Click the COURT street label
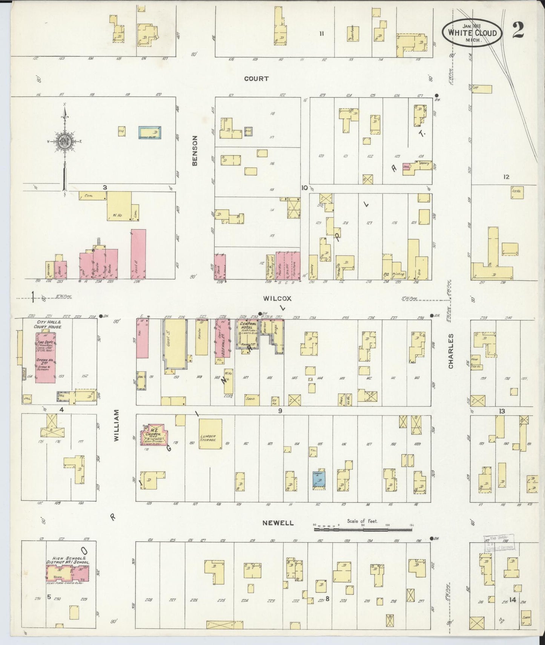click(256, 78)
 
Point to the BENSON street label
click(195, 151)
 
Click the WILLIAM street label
click(117, 425)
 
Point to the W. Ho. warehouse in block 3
click(119, 206)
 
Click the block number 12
click(506, 177)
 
